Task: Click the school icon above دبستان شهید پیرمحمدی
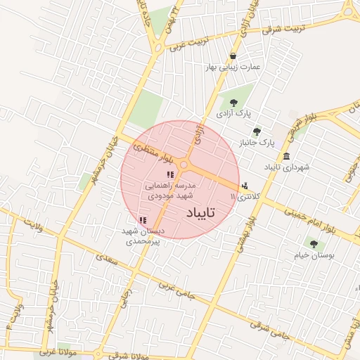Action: click(143, 220)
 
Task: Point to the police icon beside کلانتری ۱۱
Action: click(244, 186)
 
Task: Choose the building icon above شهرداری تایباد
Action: click(286, 156)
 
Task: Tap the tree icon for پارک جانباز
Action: click(257, 131)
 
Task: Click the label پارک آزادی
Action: click(233, 112)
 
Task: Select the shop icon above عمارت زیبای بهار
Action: click(232, 56)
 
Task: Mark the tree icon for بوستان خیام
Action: click(314, 245)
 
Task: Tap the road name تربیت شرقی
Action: click(283, 28)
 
